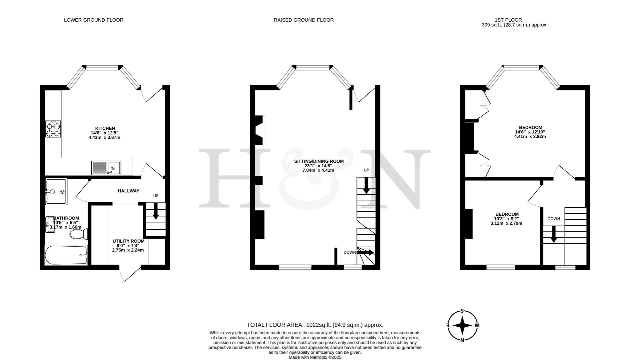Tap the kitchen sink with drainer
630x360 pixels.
(106, 168)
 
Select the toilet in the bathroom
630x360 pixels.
(79, 234)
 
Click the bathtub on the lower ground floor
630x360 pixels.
(66, 255)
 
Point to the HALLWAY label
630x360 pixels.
(128, 191)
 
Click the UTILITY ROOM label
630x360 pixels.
(128, 241)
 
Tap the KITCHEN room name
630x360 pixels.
(105, 128)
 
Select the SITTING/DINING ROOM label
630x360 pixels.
(318, 161)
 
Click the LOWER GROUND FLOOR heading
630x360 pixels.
(94, 20)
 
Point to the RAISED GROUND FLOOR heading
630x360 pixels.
(304, 20)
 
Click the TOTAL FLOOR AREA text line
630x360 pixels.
(315, 325)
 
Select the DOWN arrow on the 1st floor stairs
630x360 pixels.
(553, 234)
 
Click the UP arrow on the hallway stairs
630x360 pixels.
(156, 212)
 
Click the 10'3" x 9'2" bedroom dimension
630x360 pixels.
(506, 219)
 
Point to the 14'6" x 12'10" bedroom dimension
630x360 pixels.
(530, 132)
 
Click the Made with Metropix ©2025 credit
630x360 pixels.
(315, 357)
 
